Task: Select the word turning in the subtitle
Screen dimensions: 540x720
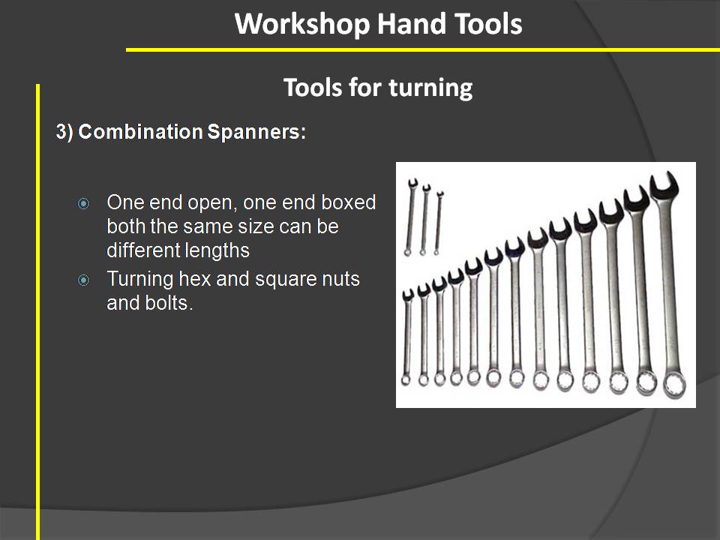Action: coord(430,88)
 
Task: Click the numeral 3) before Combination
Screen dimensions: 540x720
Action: coord(64,132)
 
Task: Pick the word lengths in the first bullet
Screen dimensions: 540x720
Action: coord(216,250)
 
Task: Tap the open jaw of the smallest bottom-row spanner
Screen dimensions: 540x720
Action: coord(408,295)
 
